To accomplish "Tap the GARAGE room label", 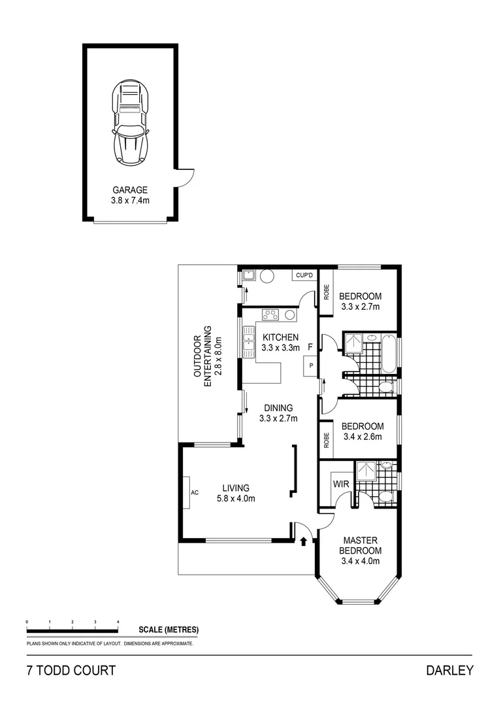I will click(x=130, y=190).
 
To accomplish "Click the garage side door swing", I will click(x=186, y=176).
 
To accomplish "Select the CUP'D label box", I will click(x=304, y=276).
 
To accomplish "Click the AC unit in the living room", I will click(x=194, y=492).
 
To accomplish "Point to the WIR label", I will click(x=340, y=484).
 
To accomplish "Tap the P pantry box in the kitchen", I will click(x=311, y=366).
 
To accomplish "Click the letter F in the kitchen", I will click(x=311, y=346).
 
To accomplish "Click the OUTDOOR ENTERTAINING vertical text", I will click(x=207, y=357).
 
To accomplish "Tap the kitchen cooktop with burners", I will click(x=270, y=314).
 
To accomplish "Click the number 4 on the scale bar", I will click(x=118, y=621).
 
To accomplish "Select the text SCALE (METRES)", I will click(x=169, y=630).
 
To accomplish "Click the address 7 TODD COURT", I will click(x=71, y=670).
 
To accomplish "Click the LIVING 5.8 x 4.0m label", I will click(x=235, y=493).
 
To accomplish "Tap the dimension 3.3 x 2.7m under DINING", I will click(x=278, y=418).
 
